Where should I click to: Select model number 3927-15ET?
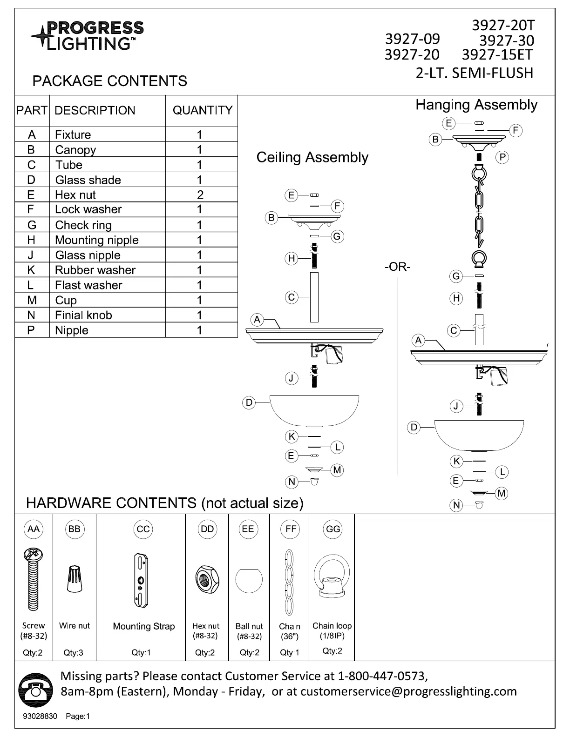(496, 55)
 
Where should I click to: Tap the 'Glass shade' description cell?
(88, 180)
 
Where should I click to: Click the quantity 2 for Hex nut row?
(200, 194)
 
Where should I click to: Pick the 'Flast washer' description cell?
(88, 285)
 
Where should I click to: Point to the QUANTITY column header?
(202, 110)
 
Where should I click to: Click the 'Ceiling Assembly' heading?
(312, 157)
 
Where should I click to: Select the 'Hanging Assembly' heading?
(476, 105)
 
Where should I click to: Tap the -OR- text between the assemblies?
(398, 267)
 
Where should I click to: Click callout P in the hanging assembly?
(502, 157)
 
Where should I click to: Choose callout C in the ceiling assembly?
(292, 297)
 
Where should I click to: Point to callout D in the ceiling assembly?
(249, 402)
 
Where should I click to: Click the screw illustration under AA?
(33, 579)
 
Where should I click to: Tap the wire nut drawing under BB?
(74, 579)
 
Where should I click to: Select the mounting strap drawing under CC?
(142, 580)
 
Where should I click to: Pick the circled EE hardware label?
(248, 529)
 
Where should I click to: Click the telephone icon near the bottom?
(34, 690)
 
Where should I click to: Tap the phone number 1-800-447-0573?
(382, 675)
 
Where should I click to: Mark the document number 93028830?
(40, 716)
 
